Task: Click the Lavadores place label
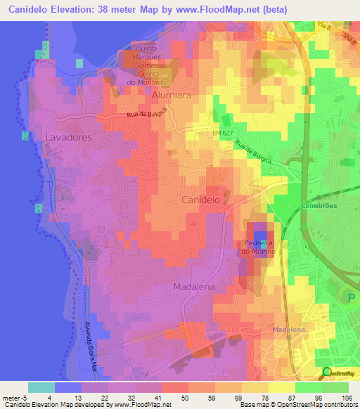point(68,138)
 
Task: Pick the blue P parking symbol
point(352,297)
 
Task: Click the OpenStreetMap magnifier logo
point(326,372)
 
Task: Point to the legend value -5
point(15,398)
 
